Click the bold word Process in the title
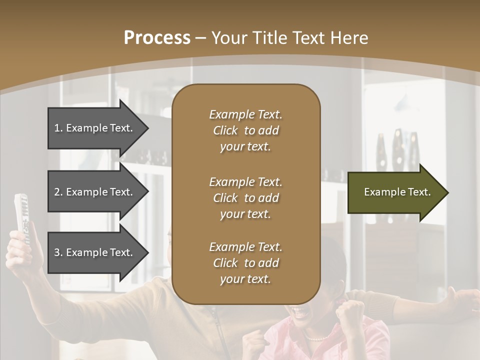(157, 38)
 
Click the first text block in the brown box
(245, 130)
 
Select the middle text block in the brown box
(245, 198)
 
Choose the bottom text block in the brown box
(245, 263)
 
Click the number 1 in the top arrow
(57, 128)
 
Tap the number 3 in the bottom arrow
(57, 252)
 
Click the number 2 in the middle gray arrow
(57, 192)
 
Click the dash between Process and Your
(201, 38)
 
